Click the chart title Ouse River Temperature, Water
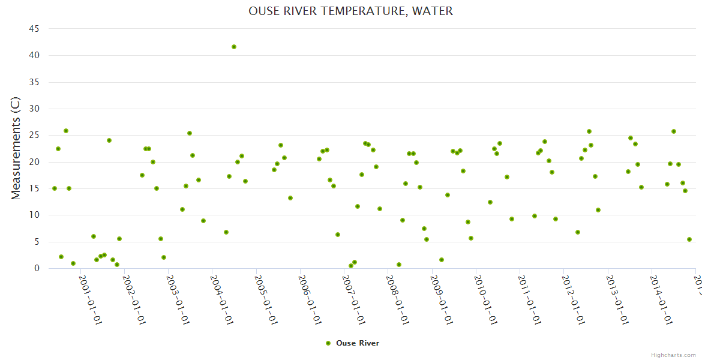click(350, 11)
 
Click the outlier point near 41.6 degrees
click(234, 47)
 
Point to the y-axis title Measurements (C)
click(16, 148)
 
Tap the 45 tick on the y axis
click(34, 29)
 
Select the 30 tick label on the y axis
click(34, 109)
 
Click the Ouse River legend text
click(358, 343)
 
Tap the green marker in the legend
click(328, 343)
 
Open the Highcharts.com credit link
click(673, 355)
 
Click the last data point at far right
click(689, 239)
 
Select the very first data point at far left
click(55, 188)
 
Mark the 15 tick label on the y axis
click(34, 188)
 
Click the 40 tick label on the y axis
click(34, 55)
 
